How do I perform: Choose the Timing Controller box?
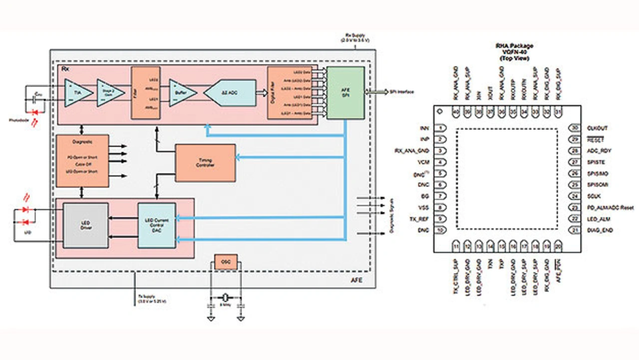click(205, 163)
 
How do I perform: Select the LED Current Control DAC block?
click(157, 226)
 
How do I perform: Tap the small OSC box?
click(226, 262)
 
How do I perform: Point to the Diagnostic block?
click(82, 161)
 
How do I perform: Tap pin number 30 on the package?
click(573, 128)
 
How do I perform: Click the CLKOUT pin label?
click(599, 128)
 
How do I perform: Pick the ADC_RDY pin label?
click(600, 150)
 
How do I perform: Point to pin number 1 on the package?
click(441, 128)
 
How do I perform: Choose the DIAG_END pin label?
click(601, 230)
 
